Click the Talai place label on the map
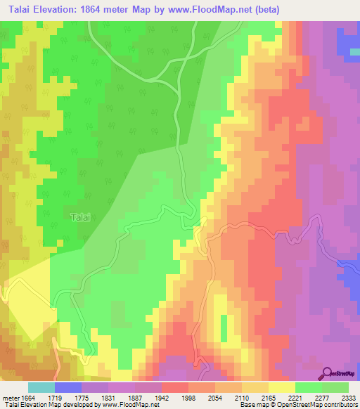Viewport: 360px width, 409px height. pyautogui.click(x=80, y=218)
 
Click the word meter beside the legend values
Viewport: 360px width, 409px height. pyautogui.click(x=11, y=398)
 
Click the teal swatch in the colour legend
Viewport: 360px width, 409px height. pyautogui.click(x=41, y=387)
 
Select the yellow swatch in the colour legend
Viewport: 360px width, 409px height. pyautogui.click(x=281, y=387)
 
